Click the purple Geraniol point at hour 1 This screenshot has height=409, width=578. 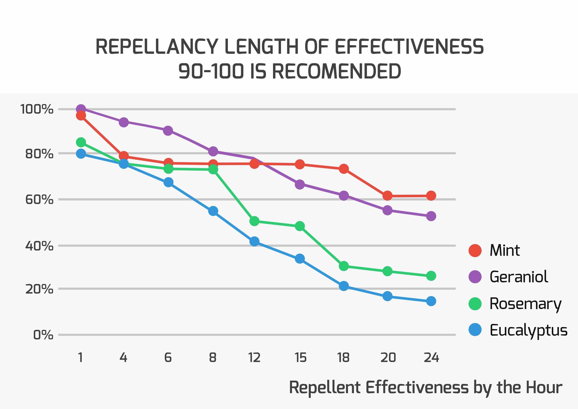click(81, 109)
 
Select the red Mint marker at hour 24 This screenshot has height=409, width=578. click(431, 196)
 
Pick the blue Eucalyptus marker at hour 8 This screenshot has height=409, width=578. click(213, 211)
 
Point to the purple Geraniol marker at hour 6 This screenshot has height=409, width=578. click(168, 131)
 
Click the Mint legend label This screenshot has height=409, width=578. click(505, 251)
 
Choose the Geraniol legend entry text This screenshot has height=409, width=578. click(519, 277)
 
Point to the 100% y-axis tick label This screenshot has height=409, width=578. click(37, 109)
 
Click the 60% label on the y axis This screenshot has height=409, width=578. click(39, 200)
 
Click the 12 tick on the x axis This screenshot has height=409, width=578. click(254, 358)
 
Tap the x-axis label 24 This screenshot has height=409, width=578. click(431, 358)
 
